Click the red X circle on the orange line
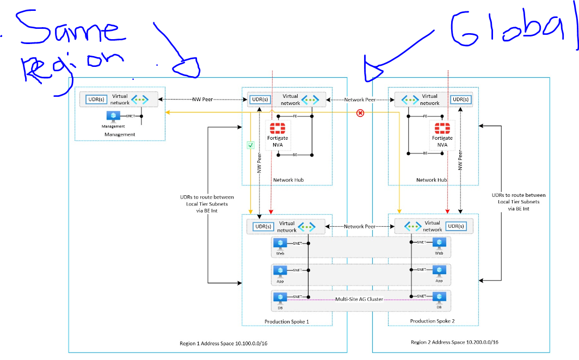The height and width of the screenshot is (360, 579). pyautogui.click(x=360, y=113)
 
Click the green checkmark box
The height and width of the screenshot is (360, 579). pyautogui.click(x=250, y=145)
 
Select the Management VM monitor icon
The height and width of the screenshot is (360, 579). pyautogui.click(x=113, y=116)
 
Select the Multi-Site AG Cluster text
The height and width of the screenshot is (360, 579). pyautogui.click(x=360, y=299)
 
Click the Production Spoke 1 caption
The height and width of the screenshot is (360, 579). pyautogui.click(x=287, y=321)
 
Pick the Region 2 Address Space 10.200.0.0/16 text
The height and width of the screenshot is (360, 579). pyautogui.click(x=455, y=343)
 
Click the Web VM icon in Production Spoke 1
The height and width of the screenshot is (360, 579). pyautogui.click(x=280, y=244)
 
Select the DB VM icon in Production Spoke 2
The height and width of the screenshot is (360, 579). pyautogui.click(x=439, y=297)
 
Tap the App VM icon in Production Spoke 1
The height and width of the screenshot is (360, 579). pyautogui.click(x=280, y=270)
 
